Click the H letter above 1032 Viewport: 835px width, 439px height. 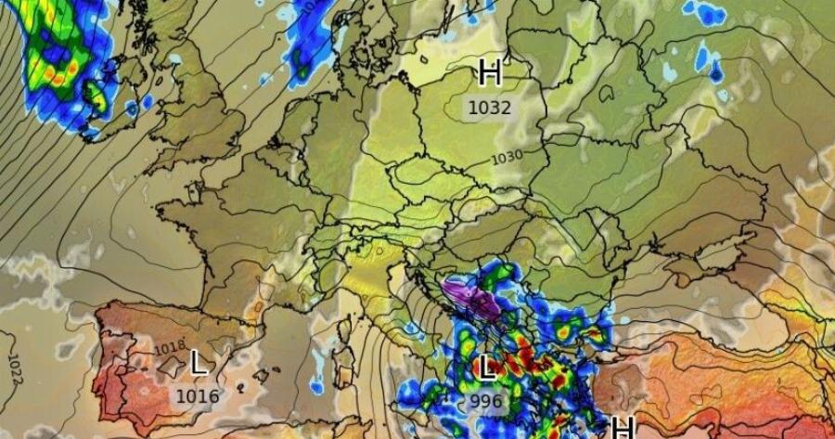click(490, 71)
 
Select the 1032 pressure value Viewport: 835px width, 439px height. click(490, 107)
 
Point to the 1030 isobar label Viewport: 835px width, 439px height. click(506, 157)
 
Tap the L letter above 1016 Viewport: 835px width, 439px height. click(198, 363)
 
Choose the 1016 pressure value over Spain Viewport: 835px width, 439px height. click(198, 396)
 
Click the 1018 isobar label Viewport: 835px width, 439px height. click(169, 348)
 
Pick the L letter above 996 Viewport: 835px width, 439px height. click(486, 368)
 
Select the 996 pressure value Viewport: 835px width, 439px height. click(485, 401)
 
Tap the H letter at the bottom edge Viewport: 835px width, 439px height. click(622, 427)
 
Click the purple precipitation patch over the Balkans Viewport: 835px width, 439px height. click(469, 296)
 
